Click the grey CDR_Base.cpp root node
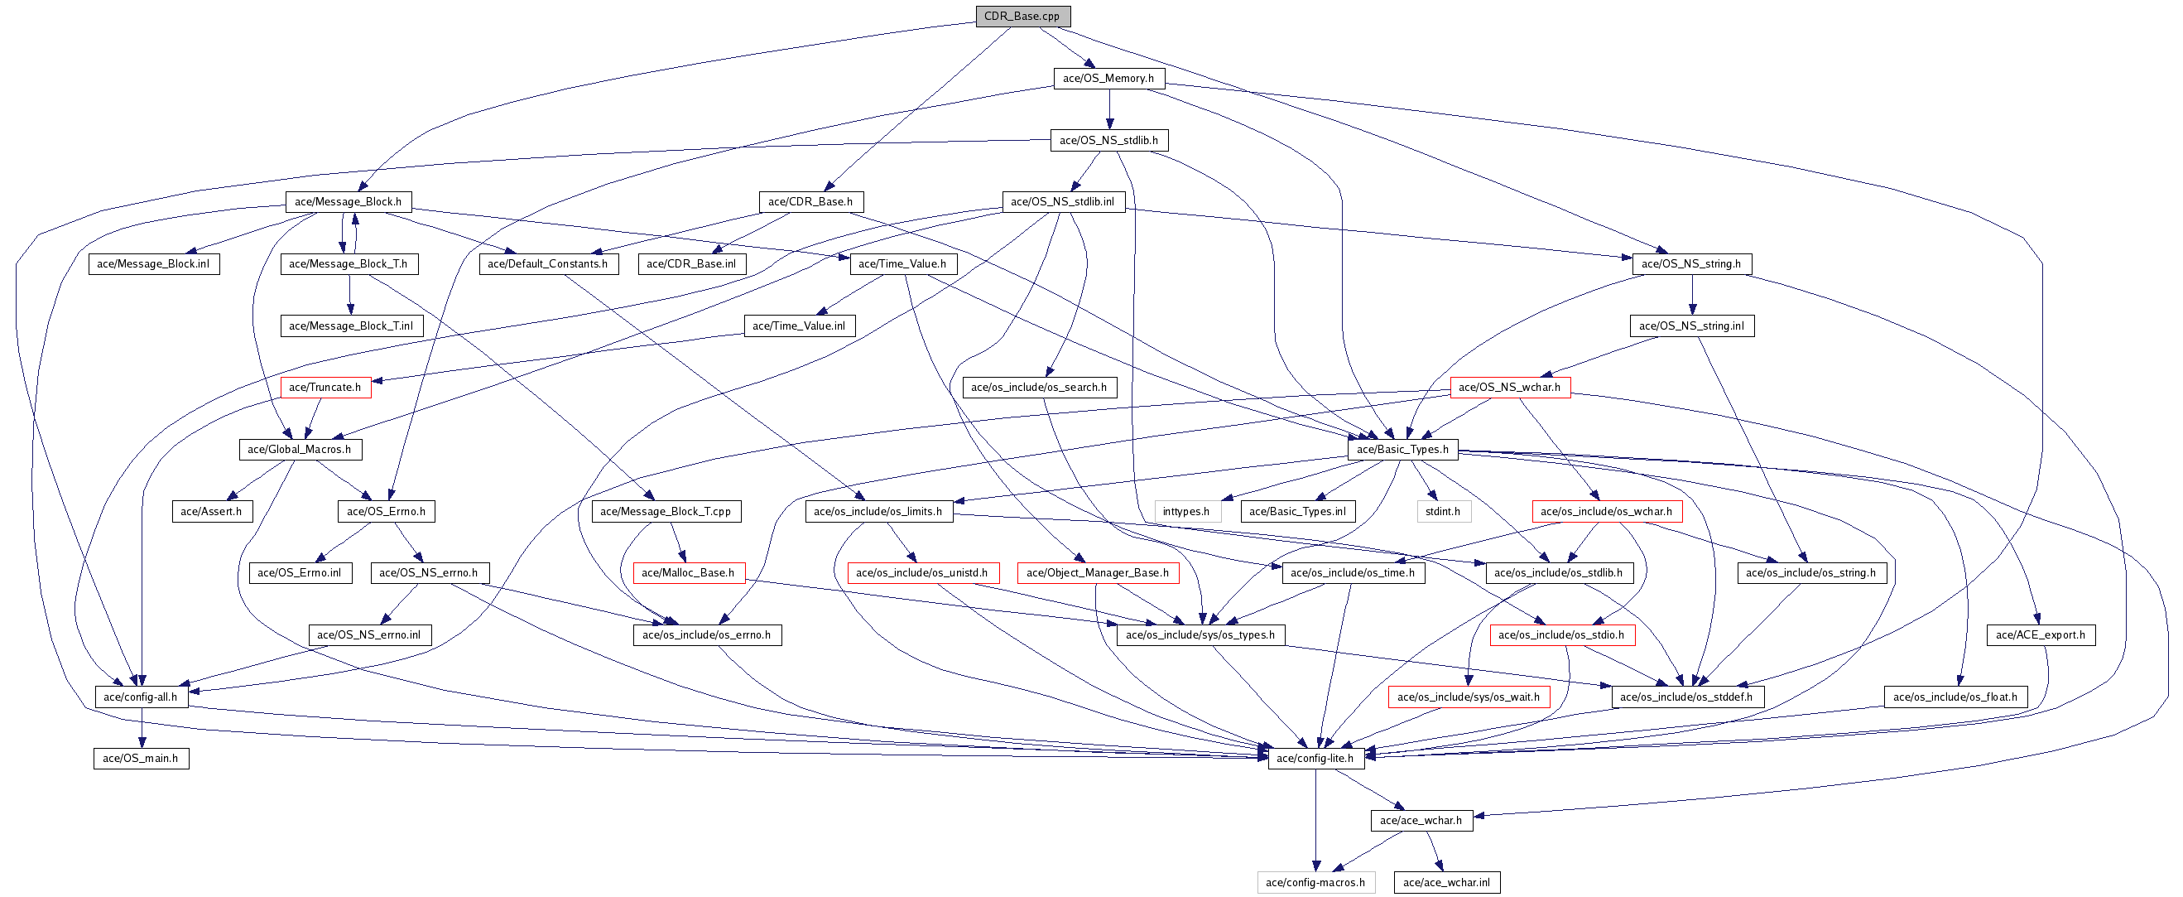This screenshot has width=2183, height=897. point(1023,16)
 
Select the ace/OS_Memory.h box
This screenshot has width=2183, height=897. point(1108,78)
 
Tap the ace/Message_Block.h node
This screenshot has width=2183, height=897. point(349,202)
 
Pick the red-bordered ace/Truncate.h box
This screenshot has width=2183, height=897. point(325,388)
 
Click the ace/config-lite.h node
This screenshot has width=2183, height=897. point(1315,759)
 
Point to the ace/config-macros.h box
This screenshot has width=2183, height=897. point(1315,883)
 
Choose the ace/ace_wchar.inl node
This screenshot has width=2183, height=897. point(1446,883)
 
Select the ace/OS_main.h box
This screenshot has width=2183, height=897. point(141,759)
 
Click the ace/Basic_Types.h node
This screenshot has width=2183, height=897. point(1402,450)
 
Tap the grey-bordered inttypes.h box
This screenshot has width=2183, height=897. point(1186,511)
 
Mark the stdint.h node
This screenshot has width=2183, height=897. point(1443,511)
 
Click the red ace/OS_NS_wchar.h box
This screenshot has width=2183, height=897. point(1509,388)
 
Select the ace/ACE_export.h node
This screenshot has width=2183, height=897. point(2041,635)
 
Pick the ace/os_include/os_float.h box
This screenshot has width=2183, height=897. point(1955,697)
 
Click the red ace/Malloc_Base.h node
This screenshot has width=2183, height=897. point(688,573)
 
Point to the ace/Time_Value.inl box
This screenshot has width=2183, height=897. point(799,326)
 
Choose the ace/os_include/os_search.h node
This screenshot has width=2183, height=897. point(1039,388)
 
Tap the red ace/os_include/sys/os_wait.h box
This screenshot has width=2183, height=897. point(1469,697)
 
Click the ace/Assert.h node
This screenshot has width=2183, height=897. point(211,511)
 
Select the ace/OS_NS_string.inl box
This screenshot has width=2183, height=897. point(1691,326)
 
